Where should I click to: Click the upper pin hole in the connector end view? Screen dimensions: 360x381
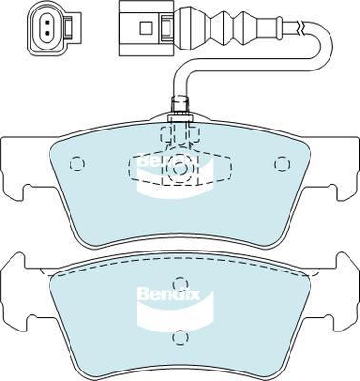coord(47,23)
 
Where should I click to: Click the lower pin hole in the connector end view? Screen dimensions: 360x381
coord(47,33)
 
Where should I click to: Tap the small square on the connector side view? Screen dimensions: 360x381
coord(147,28)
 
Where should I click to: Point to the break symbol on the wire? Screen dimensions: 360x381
coord(302,28)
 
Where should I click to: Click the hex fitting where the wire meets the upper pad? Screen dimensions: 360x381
coord(180,109)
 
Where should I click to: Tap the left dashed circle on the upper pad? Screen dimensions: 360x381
coord(77,164)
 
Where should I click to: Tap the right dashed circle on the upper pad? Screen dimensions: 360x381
coord(282,164)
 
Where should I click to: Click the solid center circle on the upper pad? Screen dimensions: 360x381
coord(180,169)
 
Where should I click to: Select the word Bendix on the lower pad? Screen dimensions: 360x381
coord(169,294)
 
